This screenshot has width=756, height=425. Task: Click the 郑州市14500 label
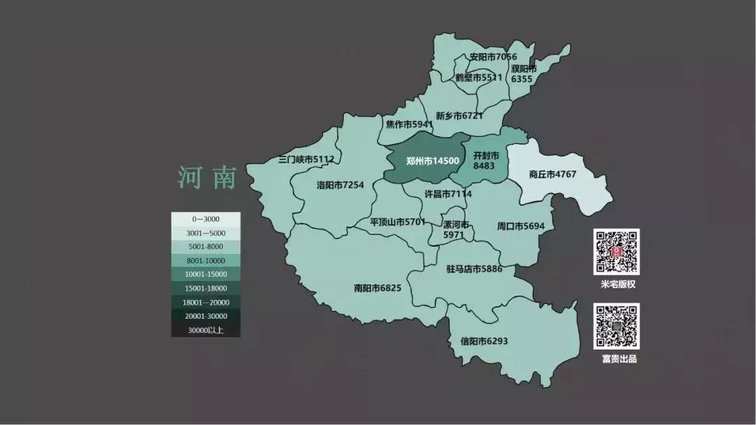[x=433, y=161]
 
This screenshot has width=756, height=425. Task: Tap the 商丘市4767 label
[x=552, y=174]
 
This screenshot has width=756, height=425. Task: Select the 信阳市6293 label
[x=484, y=341]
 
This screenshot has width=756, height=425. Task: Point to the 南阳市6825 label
[x=378, y=287]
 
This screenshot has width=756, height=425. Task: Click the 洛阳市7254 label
[x=340, y=185]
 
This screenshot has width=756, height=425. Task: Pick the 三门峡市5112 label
[x=306, y=159]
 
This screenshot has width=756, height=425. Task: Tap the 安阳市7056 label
[x=493, y=57]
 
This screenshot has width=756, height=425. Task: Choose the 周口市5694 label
[x=520, y=226]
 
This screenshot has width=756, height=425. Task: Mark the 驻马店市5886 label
[x=474, y=268]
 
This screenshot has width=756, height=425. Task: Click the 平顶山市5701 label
[x=398, y=222]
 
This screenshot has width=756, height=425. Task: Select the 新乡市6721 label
[x=459, y=115]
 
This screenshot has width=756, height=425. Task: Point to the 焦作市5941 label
[x=409, y=124]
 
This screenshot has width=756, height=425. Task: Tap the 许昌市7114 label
[x=448, y=194]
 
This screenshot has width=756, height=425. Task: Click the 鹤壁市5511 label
[x=479, y=78]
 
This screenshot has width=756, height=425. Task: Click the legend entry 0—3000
[x=206, y=219]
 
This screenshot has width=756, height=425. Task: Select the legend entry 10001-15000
[x=206, y=274]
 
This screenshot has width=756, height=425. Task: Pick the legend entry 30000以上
[x=206, y=330]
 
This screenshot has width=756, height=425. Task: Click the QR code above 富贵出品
[x=617, y=326]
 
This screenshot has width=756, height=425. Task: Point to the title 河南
[x=207, y=178]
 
